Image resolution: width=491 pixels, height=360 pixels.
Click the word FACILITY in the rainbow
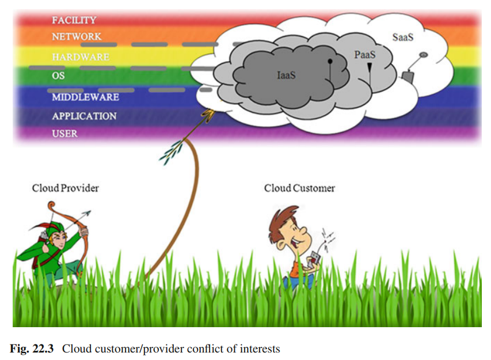[74, 20]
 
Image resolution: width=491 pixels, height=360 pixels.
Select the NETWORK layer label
[76, 36]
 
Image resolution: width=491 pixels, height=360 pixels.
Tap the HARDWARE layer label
[80, 57]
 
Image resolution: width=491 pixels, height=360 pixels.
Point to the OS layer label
[58, 76]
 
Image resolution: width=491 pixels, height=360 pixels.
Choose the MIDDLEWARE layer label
[85, 97]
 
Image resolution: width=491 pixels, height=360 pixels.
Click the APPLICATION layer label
[84, 116]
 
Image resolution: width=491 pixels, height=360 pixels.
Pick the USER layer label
[64, 134]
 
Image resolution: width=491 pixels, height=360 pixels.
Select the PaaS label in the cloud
[364, 55]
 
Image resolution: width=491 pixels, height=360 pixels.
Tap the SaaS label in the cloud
[403, 37]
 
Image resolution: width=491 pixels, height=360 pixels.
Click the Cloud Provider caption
[65, 188]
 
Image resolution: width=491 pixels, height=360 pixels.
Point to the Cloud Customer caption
[299, 188]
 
